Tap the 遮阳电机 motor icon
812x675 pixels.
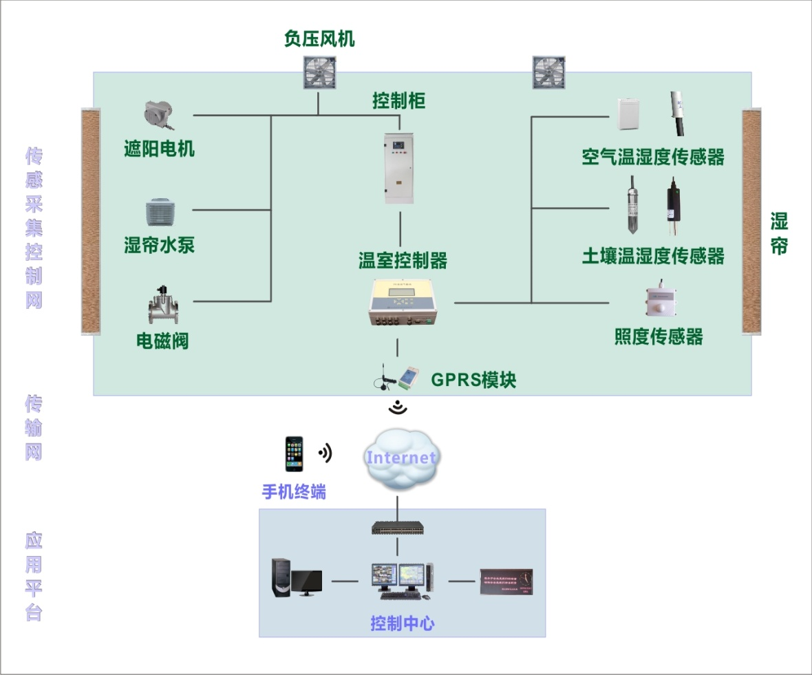[159, 115]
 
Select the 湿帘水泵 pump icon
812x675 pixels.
[162, 213]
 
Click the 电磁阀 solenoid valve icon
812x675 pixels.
[164, 305]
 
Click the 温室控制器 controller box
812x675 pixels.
[403, 302]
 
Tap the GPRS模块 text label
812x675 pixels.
[473, 379]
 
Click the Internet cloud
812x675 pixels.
[400, 458]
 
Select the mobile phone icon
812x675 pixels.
[295, 455]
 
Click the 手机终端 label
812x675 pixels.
[294, 492]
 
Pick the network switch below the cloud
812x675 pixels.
[398, 528]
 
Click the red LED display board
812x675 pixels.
[506, 581]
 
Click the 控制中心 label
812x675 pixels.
[402, 624]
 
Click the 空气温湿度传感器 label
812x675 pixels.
[653, 157]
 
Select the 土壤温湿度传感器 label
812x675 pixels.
[653, 256]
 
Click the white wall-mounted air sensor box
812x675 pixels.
[628, 114]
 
